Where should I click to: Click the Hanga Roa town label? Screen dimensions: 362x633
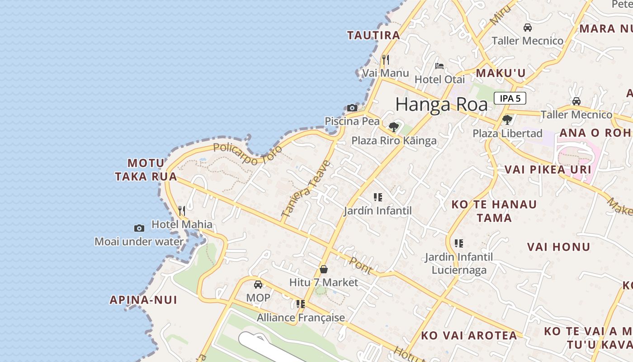[x=441, y=105]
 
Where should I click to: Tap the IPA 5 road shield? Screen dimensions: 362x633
[x=510, y=98]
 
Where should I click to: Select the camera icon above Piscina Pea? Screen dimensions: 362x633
[x=352, y=108]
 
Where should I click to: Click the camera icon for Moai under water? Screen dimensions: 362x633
[x=139, y=228]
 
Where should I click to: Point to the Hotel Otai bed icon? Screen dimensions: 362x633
[x=439, y=66]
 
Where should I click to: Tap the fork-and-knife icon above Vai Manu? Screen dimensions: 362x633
[x=386, y=59]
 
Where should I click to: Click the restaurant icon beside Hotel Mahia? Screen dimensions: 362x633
[x=182, y=210]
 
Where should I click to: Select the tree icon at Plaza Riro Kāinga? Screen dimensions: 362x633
[x=394, y=127]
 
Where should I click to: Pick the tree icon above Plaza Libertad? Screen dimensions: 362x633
[x=507, y=120]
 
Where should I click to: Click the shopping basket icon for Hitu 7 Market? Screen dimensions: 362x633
[x=324, y=269]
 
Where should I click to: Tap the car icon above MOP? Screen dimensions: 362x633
[x=258, y=285]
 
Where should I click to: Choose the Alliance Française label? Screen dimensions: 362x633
[x=301, y=318]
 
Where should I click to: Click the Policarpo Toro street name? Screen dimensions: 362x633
[x=247, y=154]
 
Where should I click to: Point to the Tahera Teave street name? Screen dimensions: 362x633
[x=306, y=189]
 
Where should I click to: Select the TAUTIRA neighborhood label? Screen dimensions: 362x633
[x=373, y=35]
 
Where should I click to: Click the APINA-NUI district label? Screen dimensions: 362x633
[x=143, y=300]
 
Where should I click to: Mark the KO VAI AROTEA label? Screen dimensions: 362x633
[x=469, y=336]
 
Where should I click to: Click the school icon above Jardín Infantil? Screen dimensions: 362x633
[x=378, y=197]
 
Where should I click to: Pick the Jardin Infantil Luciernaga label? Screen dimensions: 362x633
[x=458, y=263]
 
